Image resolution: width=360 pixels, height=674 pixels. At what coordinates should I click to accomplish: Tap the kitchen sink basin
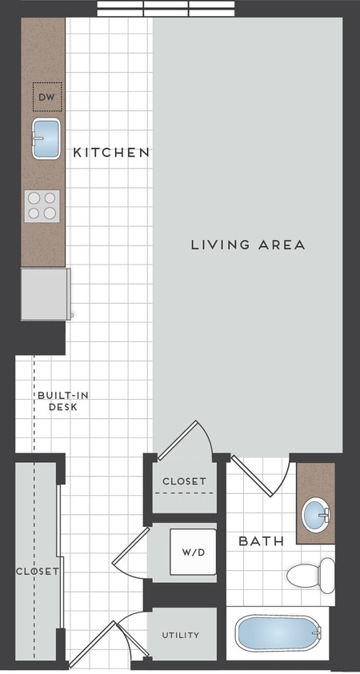47,138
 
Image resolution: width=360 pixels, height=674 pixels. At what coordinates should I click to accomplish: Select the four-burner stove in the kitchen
42,205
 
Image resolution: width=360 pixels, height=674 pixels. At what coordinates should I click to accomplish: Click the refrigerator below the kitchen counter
45,293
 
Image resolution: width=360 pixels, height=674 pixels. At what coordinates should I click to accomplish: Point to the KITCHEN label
111,152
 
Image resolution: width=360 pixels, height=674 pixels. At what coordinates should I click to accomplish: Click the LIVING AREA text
248,245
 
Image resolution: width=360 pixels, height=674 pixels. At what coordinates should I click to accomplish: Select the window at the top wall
166,9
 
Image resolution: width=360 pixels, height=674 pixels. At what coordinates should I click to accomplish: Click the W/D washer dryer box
191,551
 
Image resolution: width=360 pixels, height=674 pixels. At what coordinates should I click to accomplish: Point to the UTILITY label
181,636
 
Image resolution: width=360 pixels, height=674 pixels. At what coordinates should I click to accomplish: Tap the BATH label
262,541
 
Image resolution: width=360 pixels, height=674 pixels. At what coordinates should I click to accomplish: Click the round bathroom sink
318,511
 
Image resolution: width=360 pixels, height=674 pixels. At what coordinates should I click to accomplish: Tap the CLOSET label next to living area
184,481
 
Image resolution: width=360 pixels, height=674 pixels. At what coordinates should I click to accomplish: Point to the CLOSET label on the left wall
38,571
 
